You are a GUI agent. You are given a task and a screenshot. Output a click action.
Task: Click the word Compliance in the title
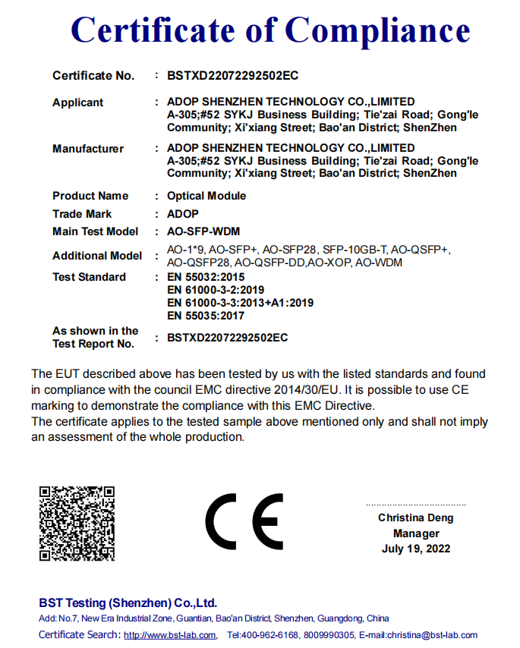coord(377,30)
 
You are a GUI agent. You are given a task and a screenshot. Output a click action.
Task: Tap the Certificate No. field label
coord(93,76)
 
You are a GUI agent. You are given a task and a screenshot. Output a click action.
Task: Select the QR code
coord(77,524)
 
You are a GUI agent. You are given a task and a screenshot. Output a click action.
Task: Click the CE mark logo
coord(244,523)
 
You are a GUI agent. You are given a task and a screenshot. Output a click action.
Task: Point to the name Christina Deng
coord(416,518)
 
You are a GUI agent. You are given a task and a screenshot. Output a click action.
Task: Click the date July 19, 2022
coord(416,549)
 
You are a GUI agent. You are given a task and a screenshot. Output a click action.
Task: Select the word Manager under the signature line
coord(416,533)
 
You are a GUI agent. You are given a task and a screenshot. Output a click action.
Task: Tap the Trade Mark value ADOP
coord(182,214)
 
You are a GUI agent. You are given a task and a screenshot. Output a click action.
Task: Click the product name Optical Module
coord(206,196)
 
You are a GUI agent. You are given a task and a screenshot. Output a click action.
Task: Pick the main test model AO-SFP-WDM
coord(203,231)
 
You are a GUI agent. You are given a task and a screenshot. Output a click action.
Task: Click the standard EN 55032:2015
coord(206,277)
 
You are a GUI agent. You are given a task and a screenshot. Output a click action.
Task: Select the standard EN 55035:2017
coord(206,316)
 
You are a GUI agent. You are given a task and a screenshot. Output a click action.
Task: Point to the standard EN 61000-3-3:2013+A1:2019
coord(240,303)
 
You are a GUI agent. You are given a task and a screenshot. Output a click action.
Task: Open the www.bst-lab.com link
coord(169,635)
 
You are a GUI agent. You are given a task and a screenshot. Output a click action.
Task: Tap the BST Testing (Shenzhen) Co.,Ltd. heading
coord(128,603)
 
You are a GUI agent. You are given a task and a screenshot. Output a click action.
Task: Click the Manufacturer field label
coord(88,149)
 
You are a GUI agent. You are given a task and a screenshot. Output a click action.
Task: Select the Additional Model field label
coord(97,256)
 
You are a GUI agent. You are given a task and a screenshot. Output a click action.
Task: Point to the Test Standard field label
coord(89,277)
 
